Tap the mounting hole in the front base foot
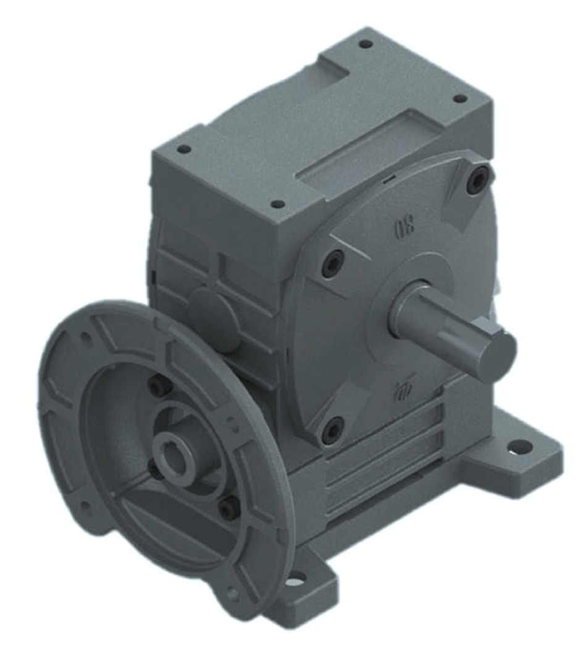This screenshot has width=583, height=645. [x=296, y=579]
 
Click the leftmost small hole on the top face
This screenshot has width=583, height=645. [x=183, y=149]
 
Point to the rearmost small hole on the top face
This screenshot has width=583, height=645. [x=366, y=44]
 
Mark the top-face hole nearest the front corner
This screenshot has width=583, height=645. [x=278, y=203]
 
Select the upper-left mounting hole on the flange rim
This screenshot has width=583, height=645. [x=87, y=338]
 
